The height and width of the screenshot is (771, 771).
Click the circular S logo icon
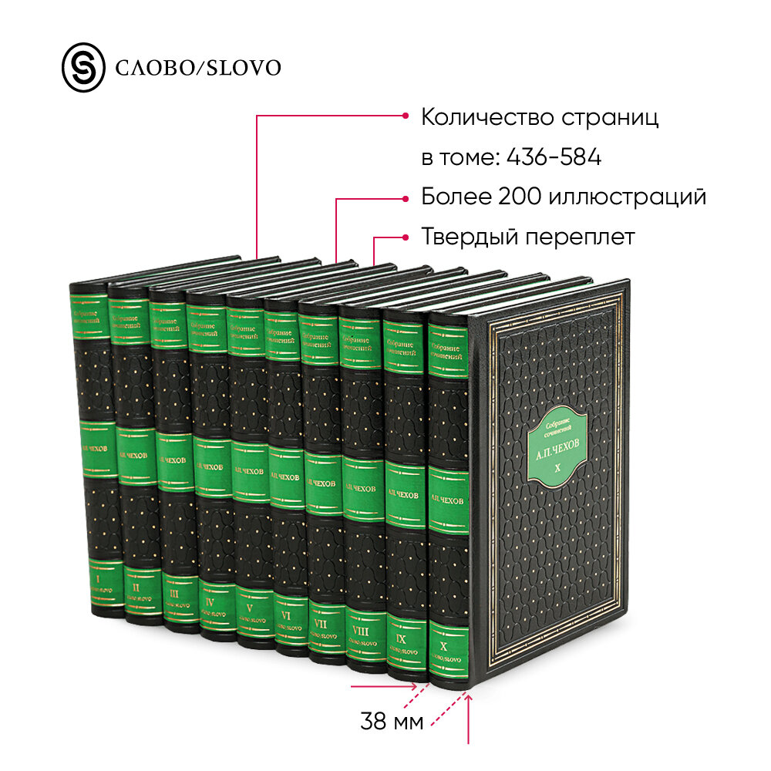(82, 67)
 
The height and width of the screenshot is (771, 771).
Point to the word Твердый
(470, 237)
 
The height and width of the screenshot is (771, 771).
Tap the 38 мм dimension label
(392, 723)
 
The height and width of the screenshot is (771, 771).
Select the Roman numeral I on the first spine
(97, 575)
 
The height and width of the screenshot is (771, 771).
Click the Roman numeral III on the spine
(174, 594)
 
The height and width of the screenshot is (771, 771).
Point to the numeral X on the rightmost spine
(443, 645)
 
